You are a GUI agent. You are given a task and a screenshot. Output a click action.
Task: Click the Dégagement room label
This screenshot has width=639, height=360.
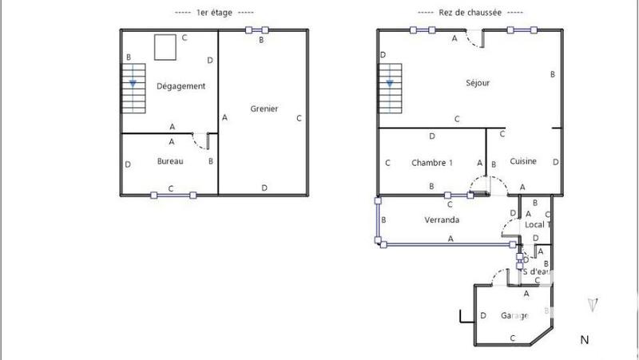(181, 86)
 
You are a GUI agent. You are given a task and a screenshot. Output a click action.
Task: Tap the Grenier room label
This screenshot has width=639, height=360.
(264, 109)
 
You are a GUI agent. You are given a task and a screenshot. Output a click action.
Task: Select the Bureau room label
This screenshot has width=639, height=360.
(170, 161)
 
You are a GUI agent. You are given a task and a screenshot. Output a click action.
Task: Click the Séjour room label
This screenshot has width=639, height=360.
(478, 82)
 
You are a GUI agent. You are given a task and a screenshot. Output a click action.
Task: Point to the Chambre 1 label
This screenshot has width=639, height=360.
(431, 162)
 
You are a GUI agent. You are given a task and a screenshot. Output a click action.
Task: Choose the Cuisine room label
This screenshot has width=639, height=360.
(523, 161)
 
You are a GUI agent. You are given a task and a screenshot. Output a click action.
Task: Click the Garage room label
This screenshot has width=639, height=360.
(514, 315)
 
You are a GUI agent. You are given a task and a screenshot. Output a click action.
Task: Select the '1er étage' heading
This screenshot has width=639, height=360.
(213, 12)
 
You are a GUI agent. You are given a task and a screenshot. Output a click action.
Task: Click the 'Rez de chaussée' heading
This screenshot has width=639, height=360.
(470, 12)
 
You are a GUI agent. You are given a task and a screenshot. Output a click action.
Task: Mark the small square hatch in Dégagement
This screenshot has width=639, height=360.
(165, 47)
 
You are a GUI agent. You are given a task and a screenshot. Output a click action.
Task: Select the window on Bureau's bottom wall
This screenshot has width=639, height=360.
(172, 194)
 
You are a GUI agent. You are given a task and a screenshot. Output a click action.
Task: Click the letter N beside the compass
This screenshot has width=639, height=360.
(585, 340)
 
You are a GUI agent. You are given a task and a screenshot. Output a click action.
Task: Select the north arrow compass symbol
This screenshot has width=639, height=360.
(592, 305)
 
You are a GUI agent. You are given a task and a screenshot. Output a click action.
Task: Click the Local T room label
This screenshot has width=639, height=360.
(535, 224)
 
